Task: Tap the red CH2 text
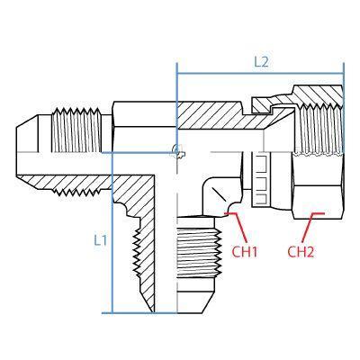[x=301, y=251]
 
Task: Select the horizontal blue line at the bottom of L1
[x=135, y=312]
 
